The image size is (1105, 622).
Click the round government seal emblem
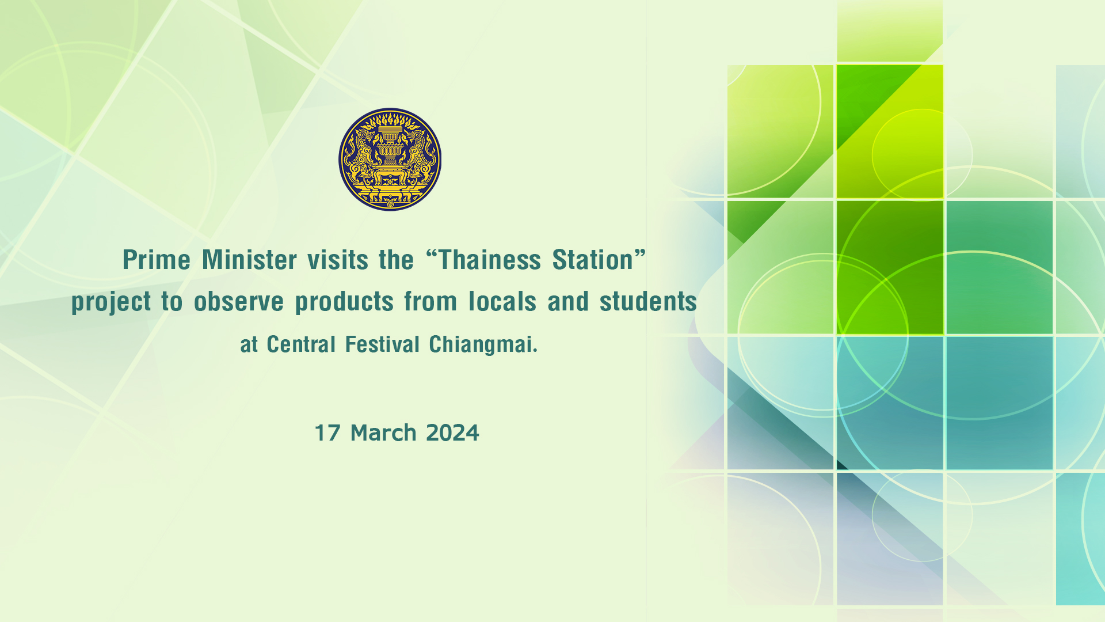(x=390, y=160)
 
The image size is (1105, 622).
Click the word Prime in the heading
(x=157, y=260)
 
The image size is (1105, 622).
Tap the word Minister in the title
(x=249, y=260)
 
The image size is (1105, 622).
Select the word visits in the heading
(x=338, y=260)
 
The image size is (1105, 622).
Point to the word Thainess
(x=490, y=260)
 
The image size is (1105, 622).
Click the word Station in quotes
(x=593, y=260)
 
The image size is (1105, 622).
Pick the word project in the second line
(x=111, y=302)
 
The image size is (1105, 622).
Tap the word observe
(x=239, y=301)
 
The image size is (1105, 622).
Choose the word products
(x=344, y=302)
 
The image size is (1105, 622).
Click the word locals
(x=502, y=301)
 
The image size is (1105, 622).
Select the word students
(x=648, y=301)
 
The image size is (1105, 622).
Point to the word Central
(x=301, y=344)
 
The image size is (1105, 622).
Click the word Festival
(x=382, y=344)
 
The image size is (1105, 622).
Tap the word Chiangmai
(x=483, y=345)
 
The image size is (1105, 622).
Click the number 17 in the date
(x=327, y=433)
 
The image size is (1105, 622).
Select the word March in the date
(x=383, y=433)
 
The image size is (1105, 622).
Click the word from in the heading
(x=430, y=301)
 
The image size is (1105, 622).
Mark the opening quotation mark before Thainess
(x=432, y=253)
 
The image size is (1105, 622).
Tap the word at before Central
(x=249, y=345)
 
